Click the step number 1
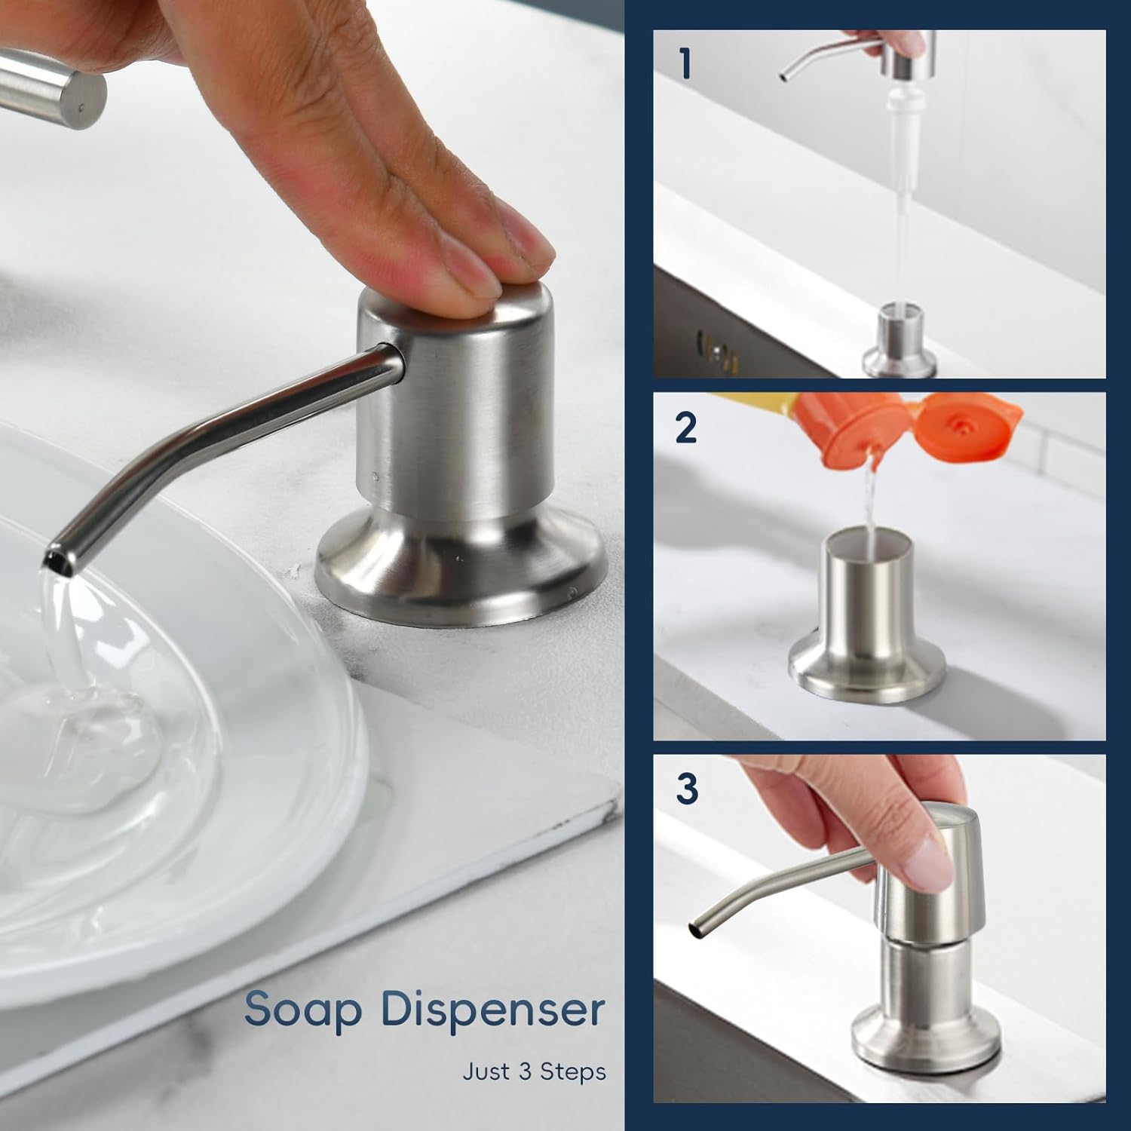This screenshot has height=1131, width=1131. [x=685, y=63]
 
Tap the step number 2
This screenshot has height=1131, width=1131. [x=686, y=428]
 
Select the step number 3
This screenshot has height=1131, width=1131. [x=687, y=789]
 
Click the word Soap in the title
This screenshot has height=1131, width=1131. [x=303, y=1010]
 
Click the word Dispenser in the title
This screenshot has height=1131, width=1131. [x=493, y=1010]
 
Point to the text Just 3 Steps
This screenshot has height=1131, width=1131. [x=534, y=1071]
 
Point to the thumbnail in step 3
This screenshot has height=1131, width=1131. [x=929, y=863]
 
